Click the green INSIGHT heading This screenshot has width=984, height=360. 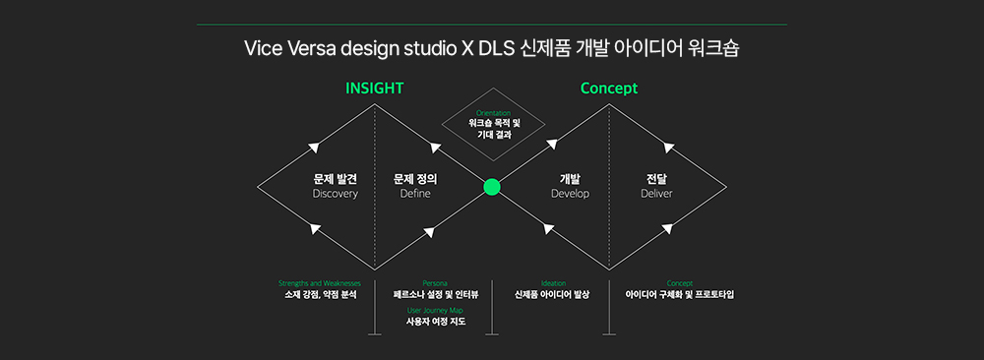coord(374,89)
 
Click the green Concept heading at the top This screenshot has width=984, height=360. coord(608,89)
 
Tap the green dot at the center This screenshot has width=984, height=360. coord(492,187)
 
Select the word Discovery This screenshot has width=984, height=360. coord(335,194)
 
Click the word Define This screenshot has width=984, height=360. coord(414,194)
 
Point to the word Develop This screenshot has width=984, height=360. coord(570,194)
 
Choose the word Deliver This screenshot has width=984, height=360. coord(656,194)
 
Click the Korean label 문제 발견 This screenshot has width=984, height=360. coord(335,179)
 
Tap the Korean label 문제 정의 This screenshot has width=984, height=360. coord(414,179)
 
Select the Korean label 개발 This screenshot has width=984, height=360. coord(570,179)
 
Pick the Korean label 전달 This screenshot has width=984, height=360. coord(656,179)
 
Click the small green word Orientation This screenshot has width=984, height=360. coord(492,113)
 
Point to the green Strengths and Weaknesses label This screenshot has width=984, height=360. coord(320,282)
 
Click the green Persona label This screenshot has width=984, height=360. coord(435,282)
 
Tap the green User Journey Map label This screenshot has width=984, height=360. coord(435,310)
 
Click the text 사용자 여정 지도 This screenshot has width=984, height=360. coord(435,322)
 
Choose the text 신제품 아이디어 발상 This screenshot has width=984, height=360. coord(552,294)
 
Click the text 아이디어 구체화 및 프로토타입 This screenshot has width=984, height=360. coord(679,294)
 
